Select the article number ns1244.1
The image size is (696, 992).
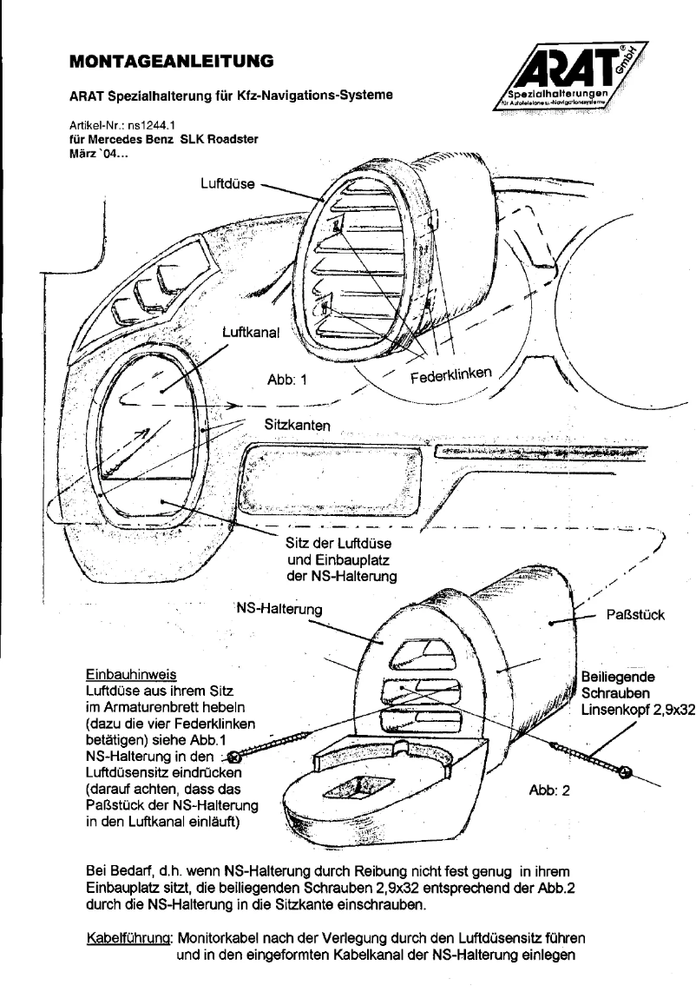click(x=125, y=126)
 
